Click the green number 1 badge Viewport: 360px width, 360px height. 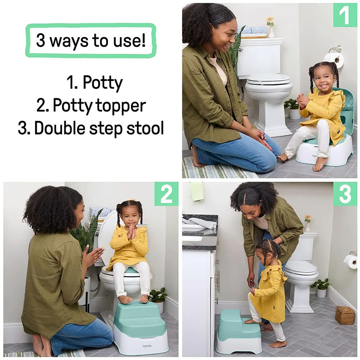pyautogui.click(x=345, y=15)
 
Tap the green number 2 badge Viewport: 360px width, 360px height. pyautogui.click(x=166, y=194)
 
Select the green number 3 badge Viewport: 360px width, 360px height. pyautogui.click(x=345, y=194)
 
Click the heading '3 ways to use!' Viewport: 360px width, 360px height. pyautogui.click(x=91, y=41)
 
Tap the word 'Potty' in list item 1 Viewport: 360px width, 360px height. pyautogui.click(x=102, y=83)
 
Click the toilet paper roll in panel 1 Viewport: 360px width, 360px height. pyautogui.click(x=335, y=60)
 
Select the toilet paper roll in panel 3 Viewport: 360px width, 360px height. pyautogui.click(x=351, y=260)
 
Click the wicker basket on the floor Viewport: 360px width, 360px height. pyautogui.click(x=345, y=315)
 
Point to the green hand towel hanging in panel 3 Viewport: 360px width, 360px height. pyautogui.click(x=197, y=191)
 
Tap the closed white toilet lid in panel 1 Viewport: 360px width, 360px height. pyautogui.click(x=269, y=79)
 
